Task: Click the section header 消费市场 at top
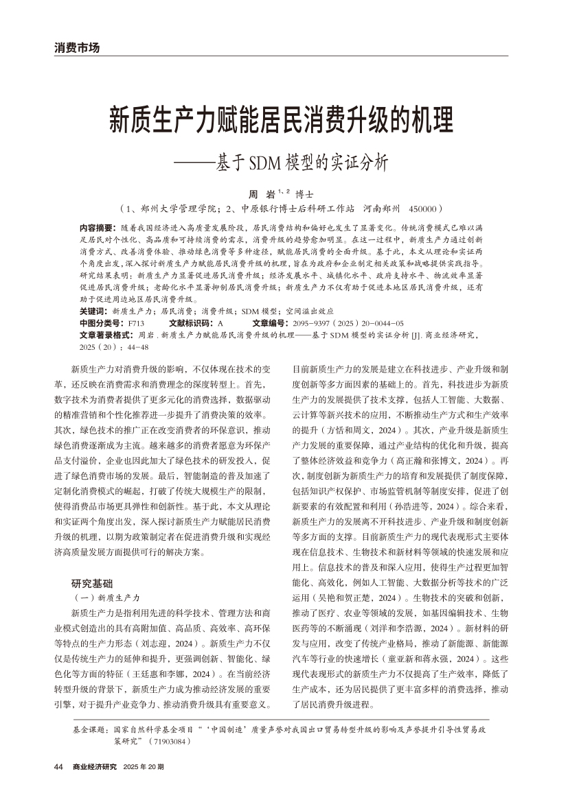coord(77,48)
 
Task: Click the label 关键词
coord(95,311)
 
